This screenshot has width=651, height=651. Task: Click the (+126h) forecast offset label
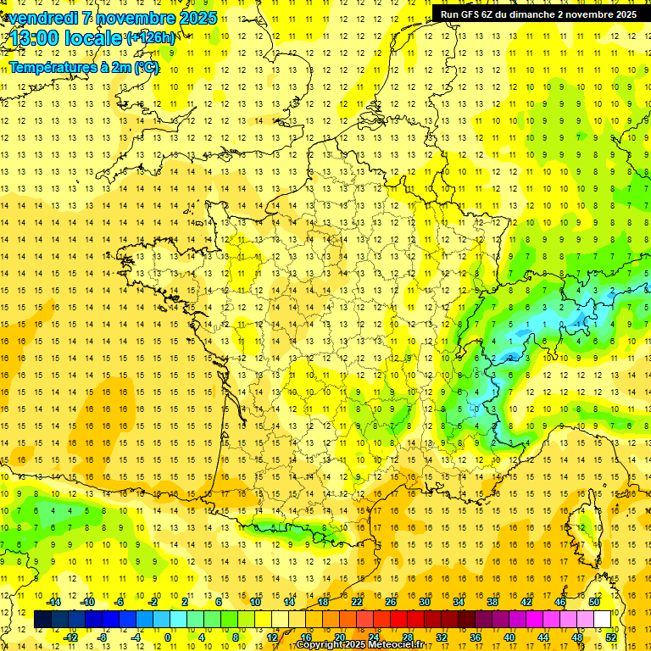click(x=151, y=38)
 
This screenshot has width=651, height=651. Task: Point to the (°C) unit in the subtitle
click(x=144, y=68)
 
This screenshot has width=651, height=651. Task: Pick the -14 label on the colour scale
click(x=54, y=602)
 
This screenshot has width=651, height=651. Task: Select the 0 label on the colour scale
click(x=168, y=637)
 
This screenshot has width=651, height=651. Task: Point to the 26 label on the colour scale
click(x=391, y=602)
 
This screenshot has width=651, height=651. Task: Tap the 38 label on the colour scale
click(x=492, y=602)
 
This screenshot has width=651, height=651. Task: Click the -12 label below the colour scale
click(x=71, y=637)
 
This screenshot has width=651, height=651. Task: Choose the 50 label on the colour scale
click(x=594, y=602)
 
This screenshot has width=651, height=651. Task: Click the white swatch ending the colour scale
click(x=603, y=619)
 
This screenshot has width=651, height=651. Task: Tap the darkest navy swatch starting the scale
click(x=42, y=619)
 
